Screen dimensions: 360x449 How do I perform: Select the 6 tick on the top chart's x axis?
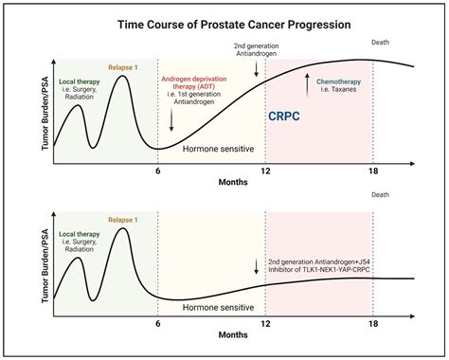[157, 170]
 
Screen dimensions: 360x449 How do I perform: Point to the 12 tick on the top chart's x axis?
[265, 170]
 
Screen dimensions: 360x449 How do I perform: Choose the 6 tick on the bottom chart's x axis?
[157, 322]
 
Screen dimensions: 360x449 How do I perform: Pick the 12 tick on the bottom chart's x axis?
[265, 322]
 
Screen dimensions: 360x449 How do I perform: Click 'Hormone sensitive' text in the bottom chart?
[218, 307]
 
